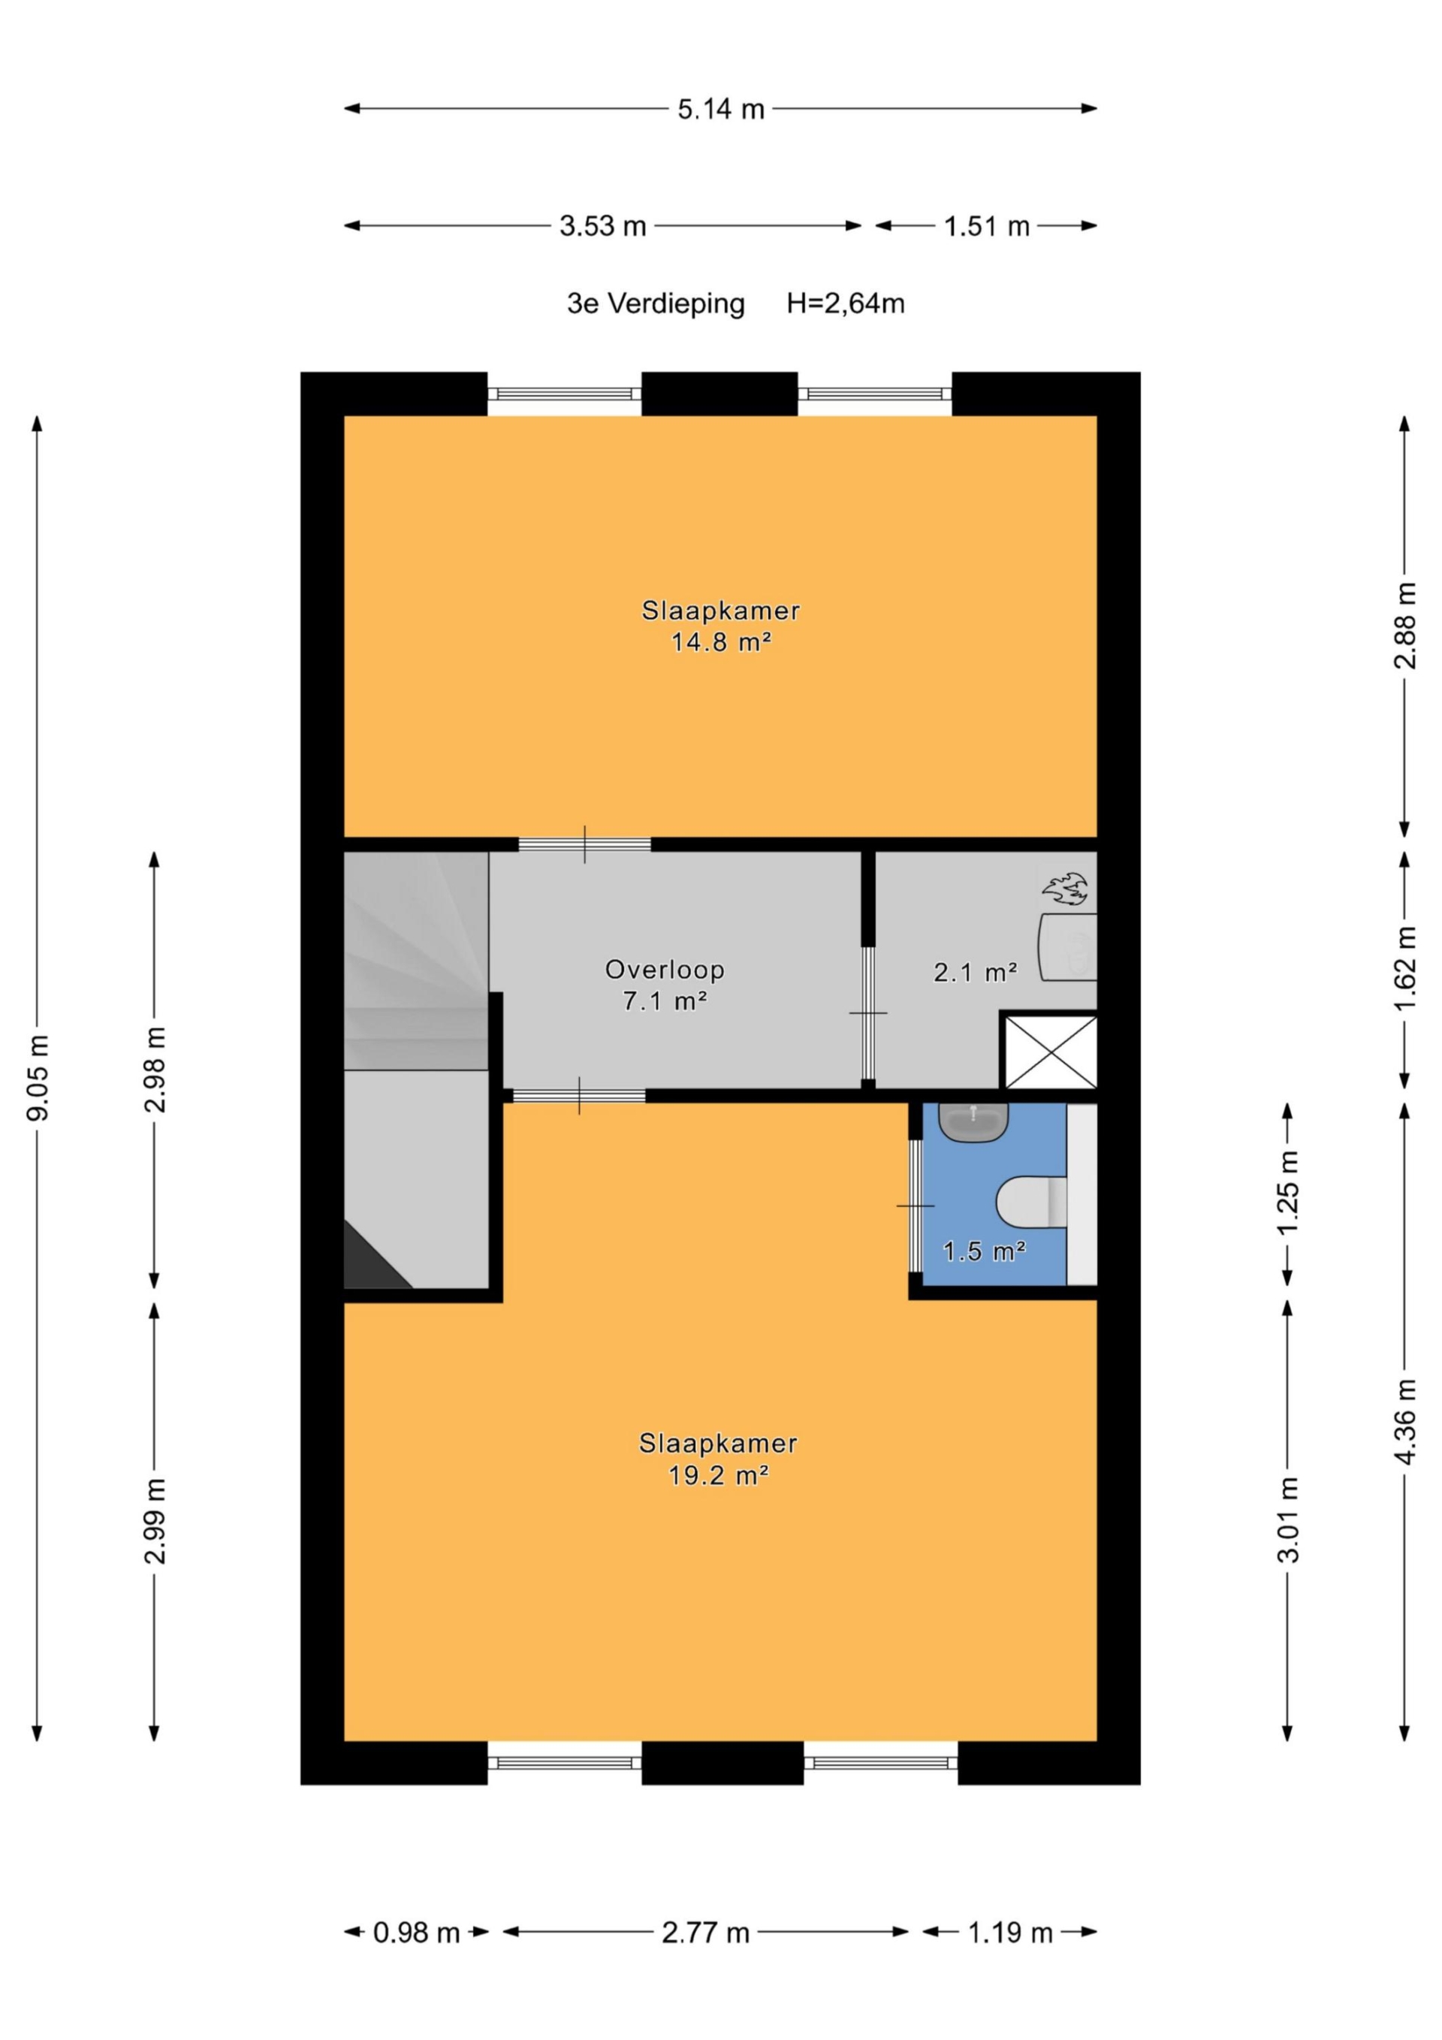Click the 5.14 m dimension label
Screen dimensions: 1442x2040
tap(720, 110)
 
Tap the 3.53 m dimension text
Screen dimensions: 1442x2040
tap(602, 227)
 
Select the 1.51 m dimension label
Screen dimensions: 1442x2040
tap(986, 227)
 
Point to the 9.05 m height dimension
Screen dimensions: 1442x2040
tap(38, 1077)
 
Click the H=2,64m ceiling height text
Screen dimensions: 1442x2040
tap(845, 304)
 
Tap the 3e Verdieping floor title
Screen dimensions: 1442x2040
tap(656, 305)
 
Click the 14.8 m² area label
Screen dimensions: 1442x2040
tap(720, 641)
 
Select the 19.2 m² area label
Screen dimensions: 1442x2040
tap(718, 1475)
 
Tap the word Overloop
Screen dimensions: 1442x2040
tap(665, 970)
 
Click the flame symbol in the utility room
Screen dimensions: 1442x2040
tap(1064, 889)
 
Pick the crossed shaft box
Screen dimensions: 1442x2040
tap(1050, 1053)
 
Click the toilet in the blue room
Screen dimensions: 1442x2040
tap(1033, 1202)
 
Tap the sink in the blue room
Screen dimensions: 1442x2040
tap(974, 1122)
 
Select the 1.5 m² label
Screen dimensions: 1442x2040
tap(985, 1251)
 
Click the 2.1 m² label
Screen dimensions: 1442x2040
tap(975, 972)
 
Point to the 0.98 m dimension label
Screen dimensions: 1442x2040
tap(416, 1933)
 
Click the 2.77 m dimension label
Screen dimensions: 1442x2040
tap(705, 1933)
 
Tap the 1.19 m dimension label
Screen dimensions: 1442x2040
tap(1009, 1933)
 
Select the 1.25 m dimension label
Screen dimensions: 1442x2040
tap(1288, 1191)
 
